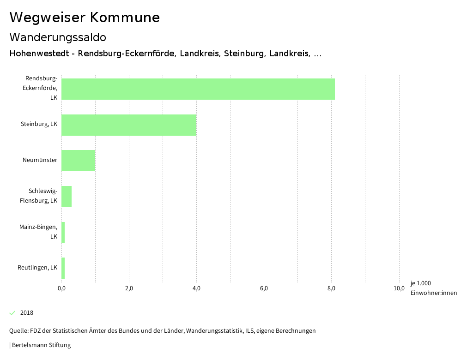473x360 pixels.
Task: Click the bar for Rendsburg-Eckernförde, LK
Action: point(198,89)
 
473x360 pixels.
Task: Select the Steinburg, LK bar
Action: point(129,125)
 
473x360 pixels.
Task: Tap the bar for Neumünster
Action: point(78,161)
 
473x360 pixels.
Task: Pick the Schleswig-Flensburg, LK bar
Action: point(67,197)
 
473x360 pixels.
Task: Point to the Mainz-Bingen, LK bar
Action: point(63,232)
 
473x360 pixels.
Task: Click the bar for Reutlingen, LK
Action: point(63,268)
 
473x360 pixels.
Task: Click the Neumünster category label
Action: point(40,160)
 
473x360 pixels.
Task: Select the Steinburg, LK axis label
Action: point(39,124)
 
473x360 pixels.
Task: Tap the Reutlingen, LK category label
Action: point(37,268)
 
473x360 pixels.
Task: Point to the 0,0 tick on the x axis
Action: point(61,288)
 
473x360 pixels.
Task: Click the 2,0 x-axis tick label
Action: point(129,288)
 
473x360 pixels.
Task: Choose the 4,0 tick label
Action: point(196,288)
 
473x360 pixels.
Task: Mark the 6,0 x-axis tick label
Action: point(264,288)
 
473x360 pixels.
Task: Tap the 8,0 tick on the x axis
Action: point(331,288)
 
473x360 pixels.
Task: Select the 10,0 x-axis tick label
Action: point(399,288)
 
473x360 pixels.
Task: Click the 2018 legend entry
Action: point(26,313)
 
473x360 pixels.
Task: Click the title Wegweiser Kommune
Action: point(85,17)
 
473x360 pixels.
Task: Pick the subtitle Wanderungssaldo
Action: point(58,37)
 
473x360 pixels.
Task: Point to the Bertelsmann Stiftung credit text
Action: point(41,345)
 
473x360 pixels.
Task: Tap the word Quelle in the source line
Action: point(18,330)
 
